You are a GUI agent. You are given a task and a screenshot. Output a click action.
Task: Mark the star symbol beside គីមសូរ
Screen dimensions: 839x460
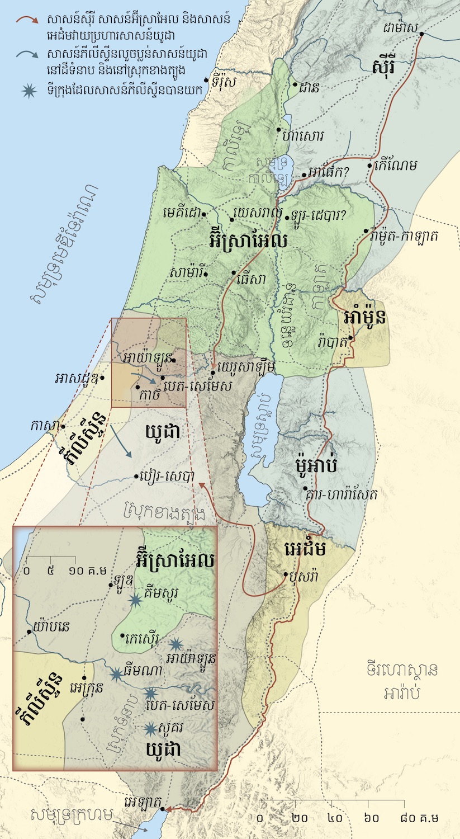[135, 600]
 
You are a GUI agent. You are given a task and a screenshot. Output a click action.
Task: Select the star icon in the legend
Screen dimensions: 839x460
[26, 91]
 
